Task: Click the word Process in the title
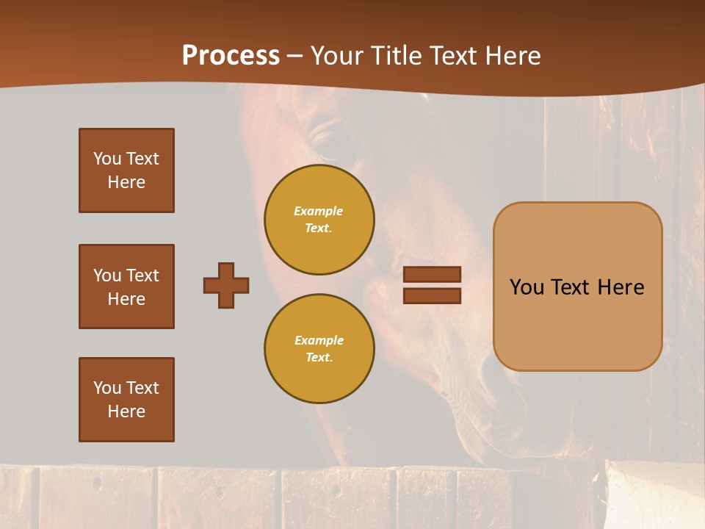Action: point(231,56)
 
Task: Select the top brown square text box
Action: point(126,170)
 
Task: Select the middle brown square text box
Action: point(126,287)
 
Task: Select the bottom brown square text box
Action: point(126,400)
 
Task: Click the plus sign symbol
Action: point(226,285)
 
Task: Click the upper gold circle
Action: point(319,219)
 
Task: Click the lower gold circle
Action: point(319,348)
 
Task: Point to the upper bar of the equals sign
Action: point(432,274)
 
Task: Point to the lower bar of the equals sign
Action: point(432,295)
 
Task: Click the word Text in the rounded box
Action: point(571,287)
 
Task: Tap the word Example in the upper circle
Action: point(319,211)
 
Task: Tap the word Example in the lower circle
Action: point(319,340)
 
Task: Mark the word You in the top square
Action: point(107,159)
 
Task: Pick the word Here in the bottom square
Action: point(126,411)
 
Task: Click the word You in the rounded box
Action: point(527,287)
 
